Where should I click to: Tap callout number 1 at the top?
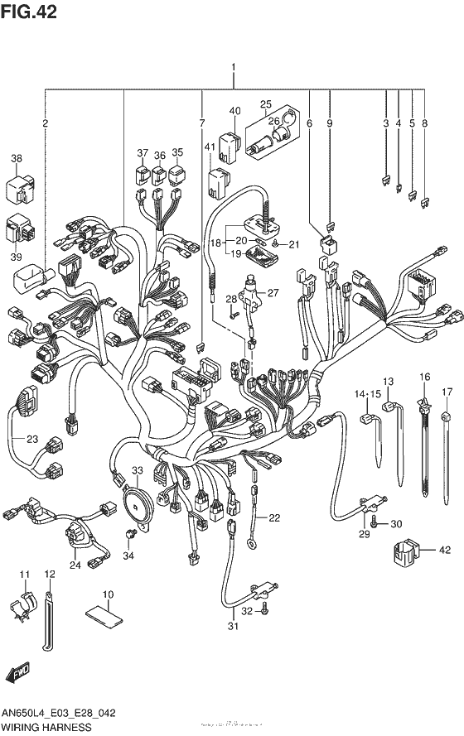pyautogui.click(x=234, y=69)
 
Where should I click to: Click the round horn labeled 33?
pyautogui.click(x=135, y=500)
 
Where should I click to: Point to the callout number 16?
pyautogui.click(x=425, y=378)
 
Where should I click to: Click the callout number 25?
pyautogui.click(x=266, y=105)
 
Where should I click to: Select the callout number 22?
pyautogui.click(x=274, y=518)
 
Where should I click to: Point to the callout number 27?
pyautogui.click(x=273, y=291)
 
